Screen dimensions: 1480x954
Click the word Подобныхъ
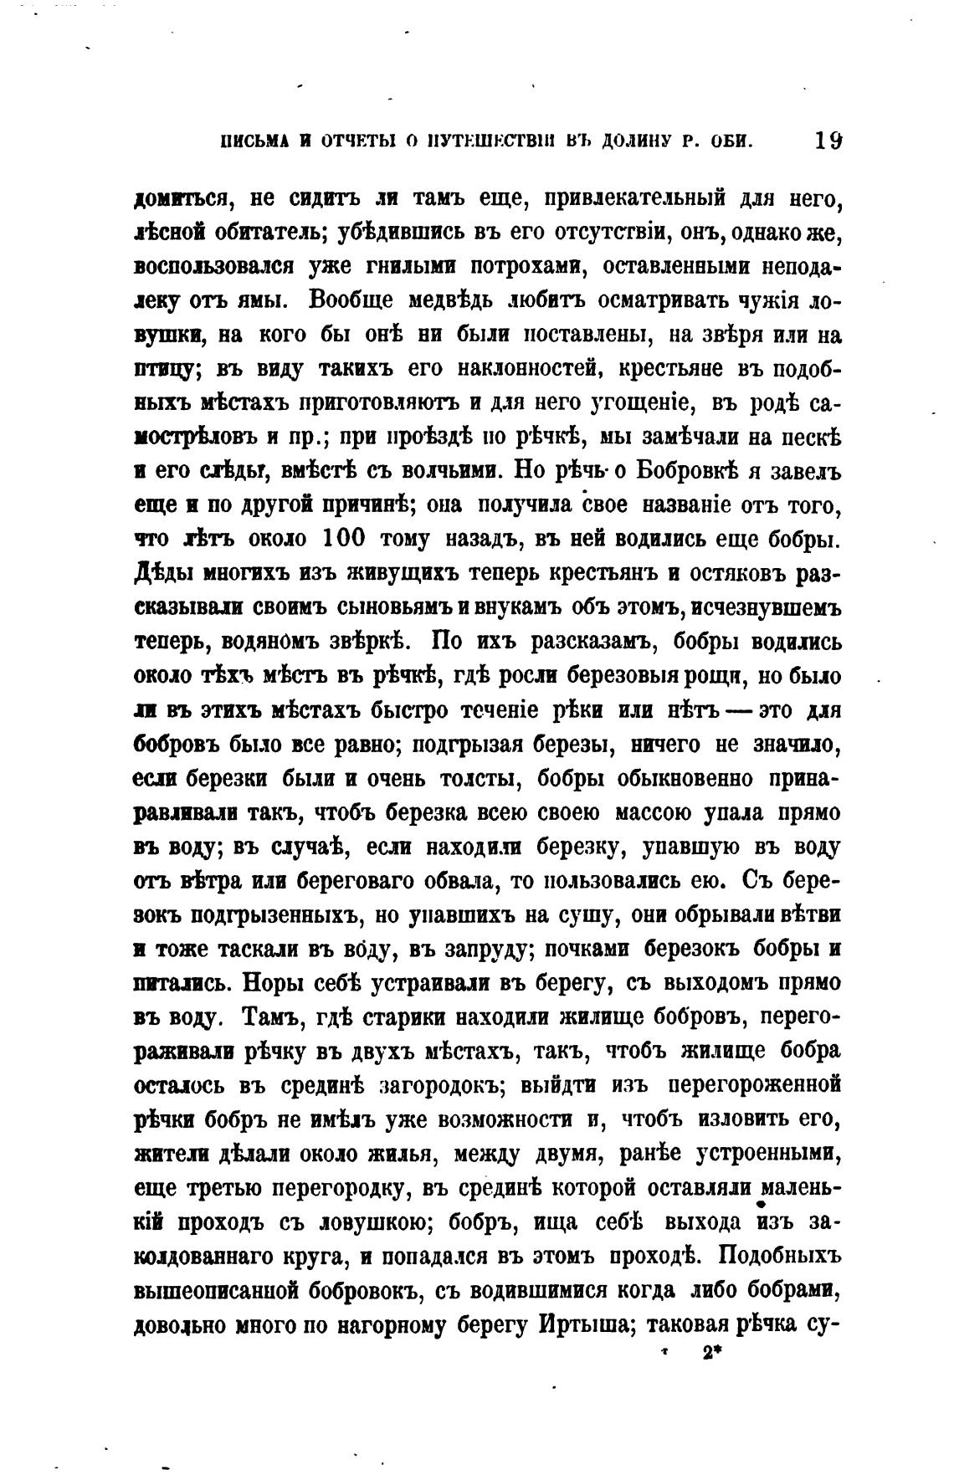click(778, 1257)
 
